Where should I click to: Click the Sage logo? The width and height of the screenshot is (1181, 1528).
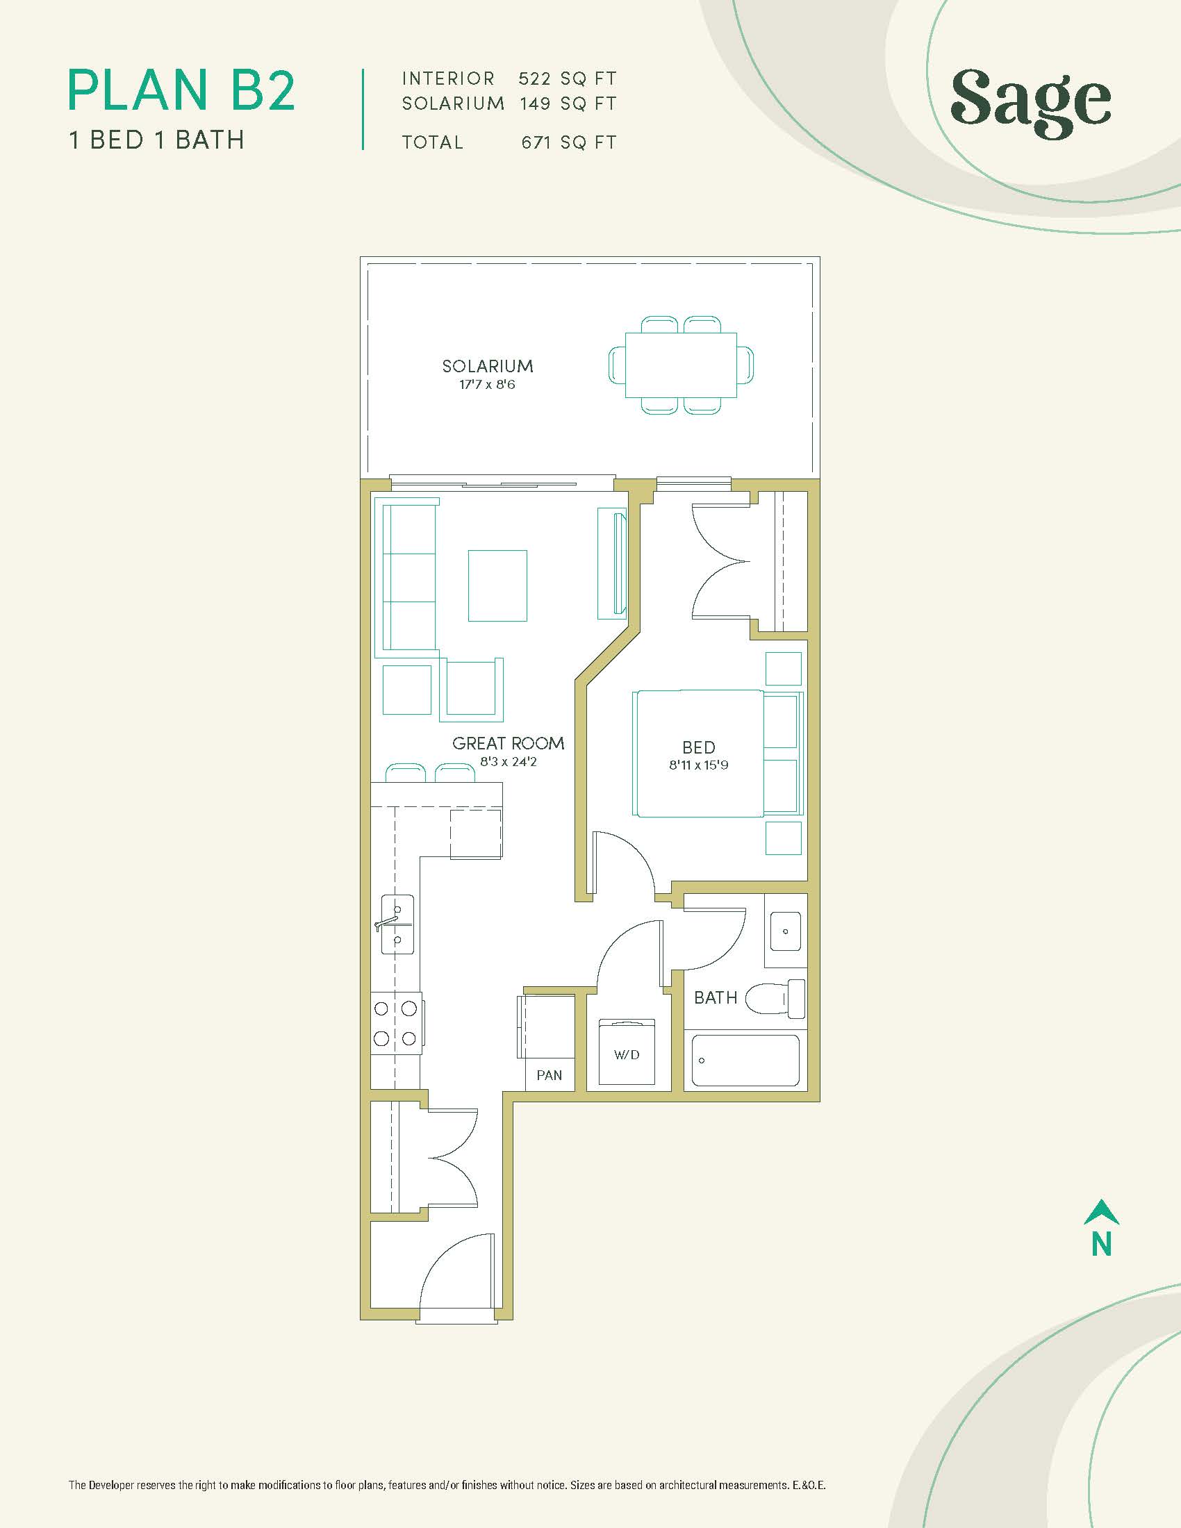1030,104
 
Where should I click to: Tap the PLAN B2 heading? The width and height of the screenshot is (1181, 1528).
182,90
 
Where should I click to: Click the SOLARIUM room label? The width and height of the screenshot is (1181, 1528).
488,366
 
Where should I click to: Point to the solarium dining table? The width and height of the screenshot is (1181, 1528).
682,365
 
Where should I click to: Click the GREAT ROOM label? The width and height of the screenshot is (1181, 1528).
509,743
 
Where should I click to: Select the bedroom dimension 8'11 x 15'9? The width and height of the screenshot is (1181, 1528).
698,765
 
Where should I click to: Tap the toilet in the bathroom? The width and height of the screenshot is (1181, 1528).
776,998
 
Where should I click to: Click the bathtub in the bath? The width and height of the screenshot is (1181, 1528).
746,1061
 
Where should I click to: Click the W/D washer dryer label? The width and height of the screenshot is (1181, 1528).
627,1054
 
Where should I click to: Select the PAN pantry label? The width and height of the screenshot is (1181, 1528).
550,1075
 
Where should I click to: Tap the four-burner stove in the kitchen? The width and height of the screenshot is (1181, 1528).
396,1024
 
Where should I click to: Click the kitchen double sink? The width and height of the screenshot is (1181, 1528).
397,924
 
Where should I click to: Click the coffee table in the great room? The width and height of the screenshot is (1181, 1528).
497,586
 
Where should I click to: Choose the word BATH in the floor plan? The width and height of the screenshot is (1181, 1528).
716,997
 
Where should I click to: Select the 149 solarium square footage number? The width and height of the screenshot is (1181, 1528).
534,104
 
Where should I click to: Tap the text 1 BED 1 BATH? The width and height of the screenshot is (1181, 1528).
157,140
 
